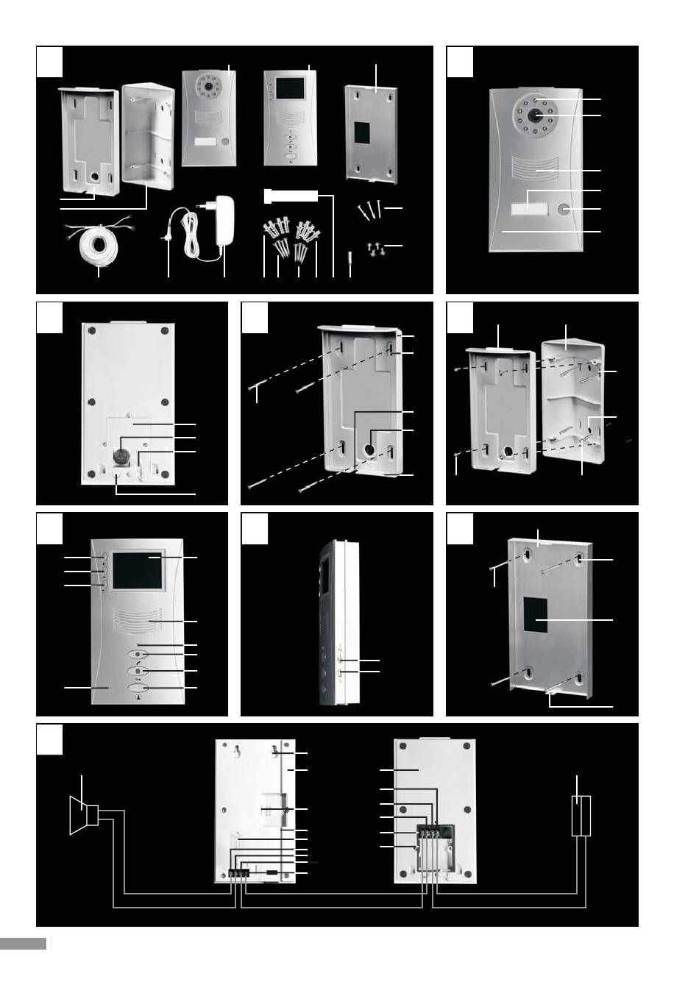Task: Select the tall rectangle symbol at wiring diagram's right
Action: [581, 816]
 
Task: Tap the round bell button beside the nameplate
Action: [566, 210]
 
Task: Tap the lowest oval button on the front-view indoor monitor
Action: [138, 688]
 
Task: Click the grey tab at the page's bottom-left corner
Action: [23, 944]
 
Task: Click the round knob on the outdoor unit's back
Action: [119, 457]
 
